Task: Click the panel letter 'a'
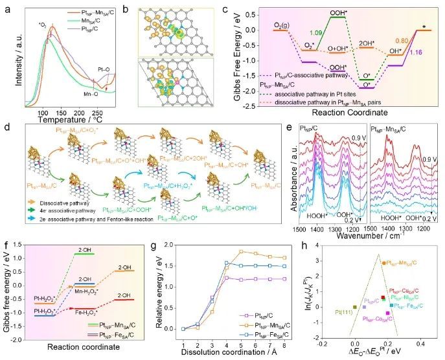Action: click(x=6, y=8)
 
